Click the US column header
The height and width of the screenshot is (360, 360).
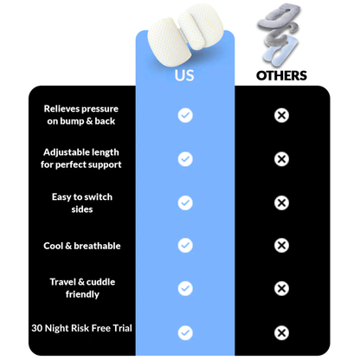click(x=184, y=75)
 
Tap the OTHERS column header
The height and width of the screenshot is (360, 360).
click(x=281, y=75)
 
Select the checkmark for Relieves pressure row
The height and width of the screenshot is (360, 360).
click(x=185, y=115)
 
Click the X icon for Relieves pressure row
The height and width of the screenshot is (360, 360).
click(x=281, y=115)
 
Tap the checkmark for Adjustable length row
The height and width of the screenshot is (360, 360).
click(x=185, y=159)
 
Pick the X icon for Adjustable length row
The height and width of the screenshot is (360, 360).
click(x=281, y=159)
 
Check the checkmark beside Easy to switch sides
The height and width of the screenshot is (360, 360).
click(x=185, y=202)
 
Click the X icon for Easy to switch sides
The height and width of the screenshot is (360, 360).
click(x=281, y=202)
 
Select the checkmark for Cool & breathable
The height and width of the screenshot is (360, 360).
click(x=185, y=246)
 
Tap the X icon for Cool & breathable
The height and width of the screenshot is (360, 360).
click(x=281, y=246)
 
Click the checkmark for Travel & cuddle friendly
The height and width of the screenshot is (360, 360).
click(x=185, y=288)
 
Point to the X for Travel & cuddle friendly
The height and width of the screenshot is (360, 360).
click(x=281, y=288)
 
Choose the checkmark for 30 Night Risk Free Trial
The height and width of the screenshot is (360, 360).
click(x=185, y=333)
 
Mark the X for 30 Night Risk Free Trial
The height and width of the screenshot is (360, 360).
click(x=281, y=333)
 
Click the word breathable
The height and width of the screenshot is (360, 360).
click(x=97, y=246)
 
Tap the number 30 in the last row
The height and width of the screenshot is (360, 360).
click(x=37, y=328)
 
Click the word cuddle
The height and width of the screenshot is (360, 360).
click(x=100, y=282)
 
